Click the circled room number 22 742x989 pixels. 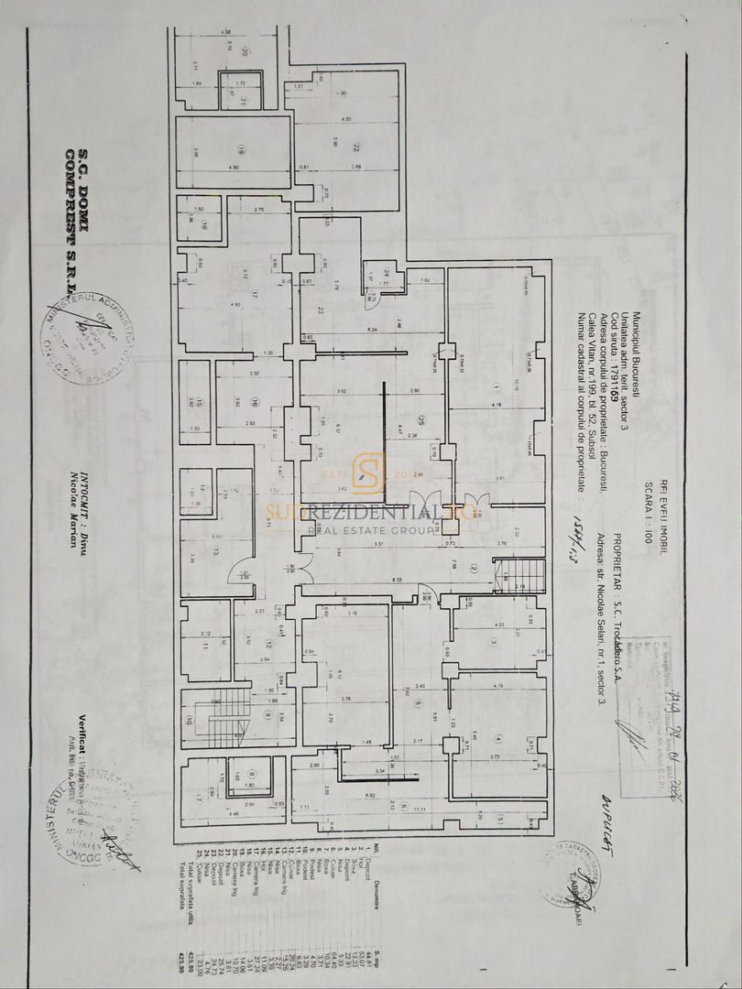(356, 147)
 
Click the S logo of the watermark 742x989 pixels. (368, 473)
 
